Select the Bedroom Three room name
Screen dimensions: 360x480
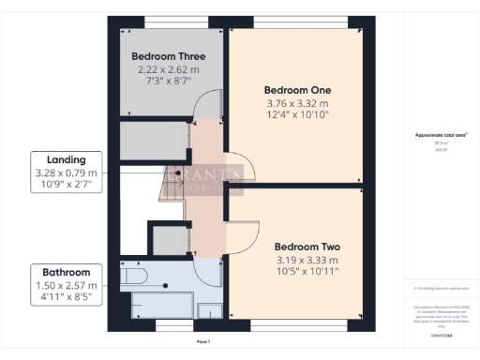tap(169, 55)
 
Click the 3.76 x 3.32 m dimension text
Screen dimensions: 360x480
tap(296, 103)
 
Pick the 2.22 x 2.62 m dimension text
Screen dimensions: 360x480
tap(169, 70)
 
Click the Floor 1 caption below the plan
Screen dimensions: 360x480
tap(203, 342)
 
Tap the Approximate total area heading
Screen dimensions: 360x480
tap(441, 135)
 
